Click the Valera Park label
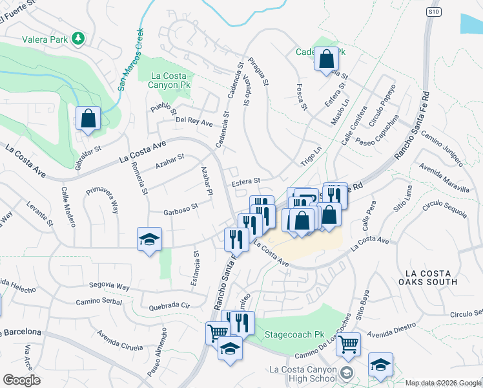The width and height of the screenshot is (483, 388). pyautogui.click(x=45, y=39)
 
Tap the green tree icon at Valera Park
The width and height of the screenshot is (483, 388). pyautogui.click(x=78, y=38)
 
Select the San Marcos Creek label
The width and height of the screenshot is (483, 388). pyautogui.click(x=130, y=58)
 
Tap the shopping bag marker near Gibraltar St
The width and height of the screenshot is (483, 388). pyautogui.click(x=88, y=119)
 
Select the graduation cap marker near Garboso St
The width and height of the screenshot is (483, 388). pyautogui.click(x=149, y=240)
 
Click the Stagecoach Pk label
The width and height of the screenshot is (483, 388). pyautogui.click(x=294, y=336)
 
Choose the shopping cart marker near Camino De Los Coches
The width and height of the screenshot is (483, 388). pyautogui.click(x=349, y=345)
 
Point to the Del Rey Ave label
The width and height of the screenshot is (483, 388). pyautogui.click(x=194, y=122)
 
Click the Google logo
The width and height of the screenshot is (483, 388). pyautogui.click(x=21, y=380)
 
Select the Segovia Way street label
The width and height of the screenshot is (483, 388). pyautogui.click(x=110, y=285)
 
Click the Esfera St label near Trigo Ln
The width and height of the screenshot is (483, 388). pyautogui.click(x=245, y=182)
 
